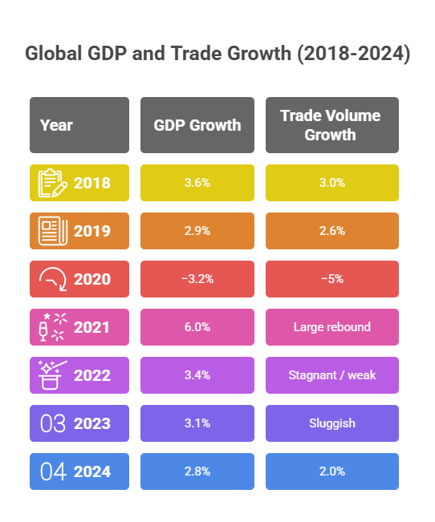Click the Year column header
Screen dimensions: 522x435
[x=79, y=125]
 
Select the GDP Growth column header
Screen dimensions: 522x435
[x=197, y=125]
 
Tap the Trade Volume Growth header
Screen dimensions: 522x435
[x=331, y=125]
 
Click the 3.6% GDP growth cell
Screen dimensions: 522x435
[x=197, y=183]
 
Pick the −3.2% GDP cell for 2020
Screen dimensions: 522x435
[x=197, y=279]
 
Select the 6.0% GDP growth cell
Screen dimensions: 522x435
[x=197, y=327]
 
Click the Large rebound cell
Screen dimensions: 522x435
[x=331, y=327]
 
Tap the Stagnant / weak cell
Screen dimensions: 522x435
[x=331, y=375]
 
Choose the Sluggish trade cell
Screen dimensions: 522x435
[x=331, y=423]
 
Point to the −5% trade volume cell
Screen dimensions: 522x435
[x=331, y=279]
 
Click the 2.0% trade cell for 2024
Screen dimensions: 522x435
[x=331, y=471]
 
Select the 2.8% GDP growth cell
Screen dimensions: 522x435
[x=197, y=471]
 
